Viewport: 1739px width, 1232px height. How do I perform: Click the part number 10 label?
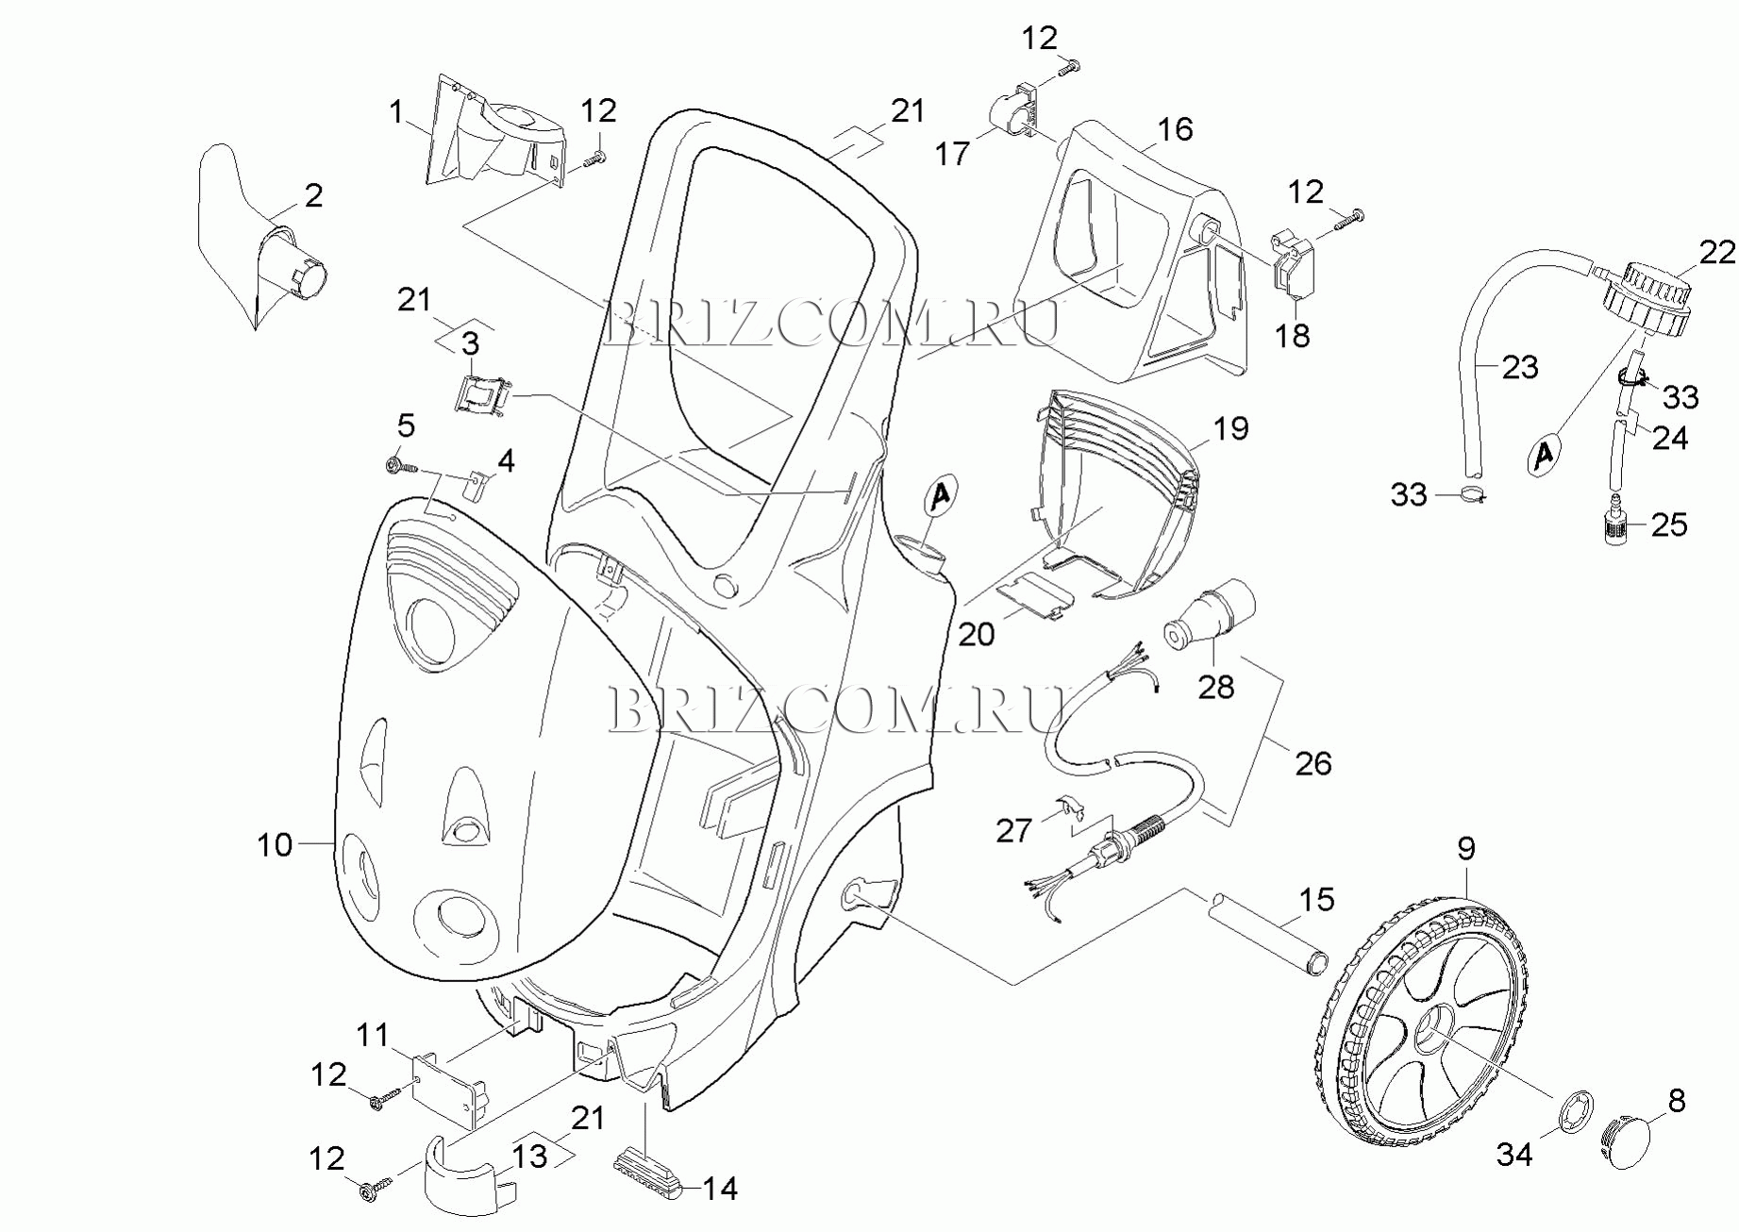point(275,844)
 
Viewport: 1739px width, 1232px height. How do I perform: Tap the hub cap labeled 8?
point(1634,1142)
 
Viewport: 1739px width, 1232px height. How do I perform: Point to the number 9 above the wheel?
point(1465,849)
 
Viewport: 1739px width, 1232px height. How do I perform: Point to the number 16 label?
point(1175,129)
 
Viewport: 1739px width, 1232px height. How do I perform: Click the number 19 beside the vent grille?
point(1230,429)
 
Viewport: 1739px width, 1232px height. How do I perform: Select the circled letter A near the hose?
point(1544,455)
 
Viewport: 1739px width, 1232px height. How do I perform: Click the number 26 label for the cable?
point(1313,762)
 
